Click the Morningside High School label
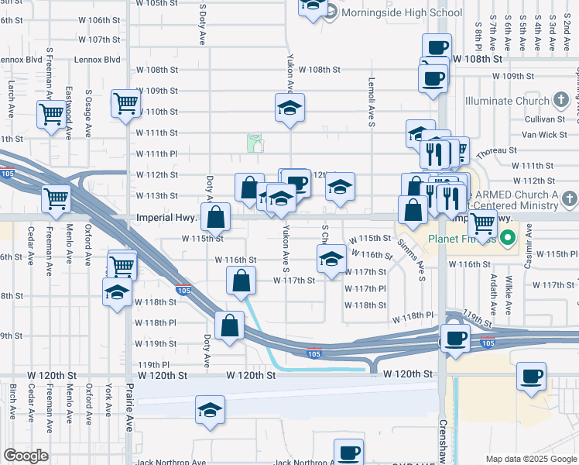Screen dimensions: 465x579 point(402,12)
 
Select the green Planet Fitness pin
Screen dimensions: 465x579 point(509,237)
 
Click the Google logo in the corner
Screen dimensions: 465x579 point(26,455)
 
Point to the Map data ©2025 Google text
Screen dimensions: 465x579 point(531,459)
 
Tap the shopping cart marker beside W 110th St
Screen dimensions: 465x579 point(125,103)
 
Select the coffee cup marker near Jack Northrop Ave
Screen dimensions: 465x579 point(348,451)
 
